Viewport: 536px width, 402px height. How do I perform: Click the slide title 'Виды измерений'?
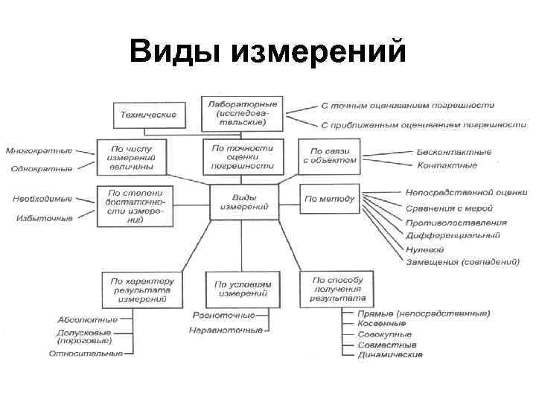[268, 53]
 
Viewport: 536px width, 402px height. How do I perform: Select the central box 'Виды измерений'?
[243, 201]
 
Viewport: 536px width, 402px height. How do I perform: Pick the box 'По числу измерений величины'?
[131, 158]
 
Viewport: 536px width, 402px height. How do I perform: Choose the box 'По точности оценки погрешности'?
[243, 157]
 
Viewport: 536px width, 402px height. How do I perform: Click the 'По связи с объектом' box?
[328, 156]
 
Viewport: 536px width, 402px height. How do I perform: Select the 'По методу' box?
[328, 200]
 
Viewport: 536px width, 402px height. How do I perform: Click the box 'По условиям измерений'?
[243, 289]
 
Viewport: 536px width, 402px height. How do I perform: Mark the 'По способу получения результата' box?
[331, 289]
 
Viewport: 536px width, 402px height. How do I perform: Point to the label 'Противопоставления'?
[456, 223]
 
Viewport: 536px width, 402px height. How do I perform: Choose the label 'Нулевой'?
[426, 249]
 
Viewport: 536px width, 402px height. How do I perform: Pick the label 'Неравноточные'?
[226, 330]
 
